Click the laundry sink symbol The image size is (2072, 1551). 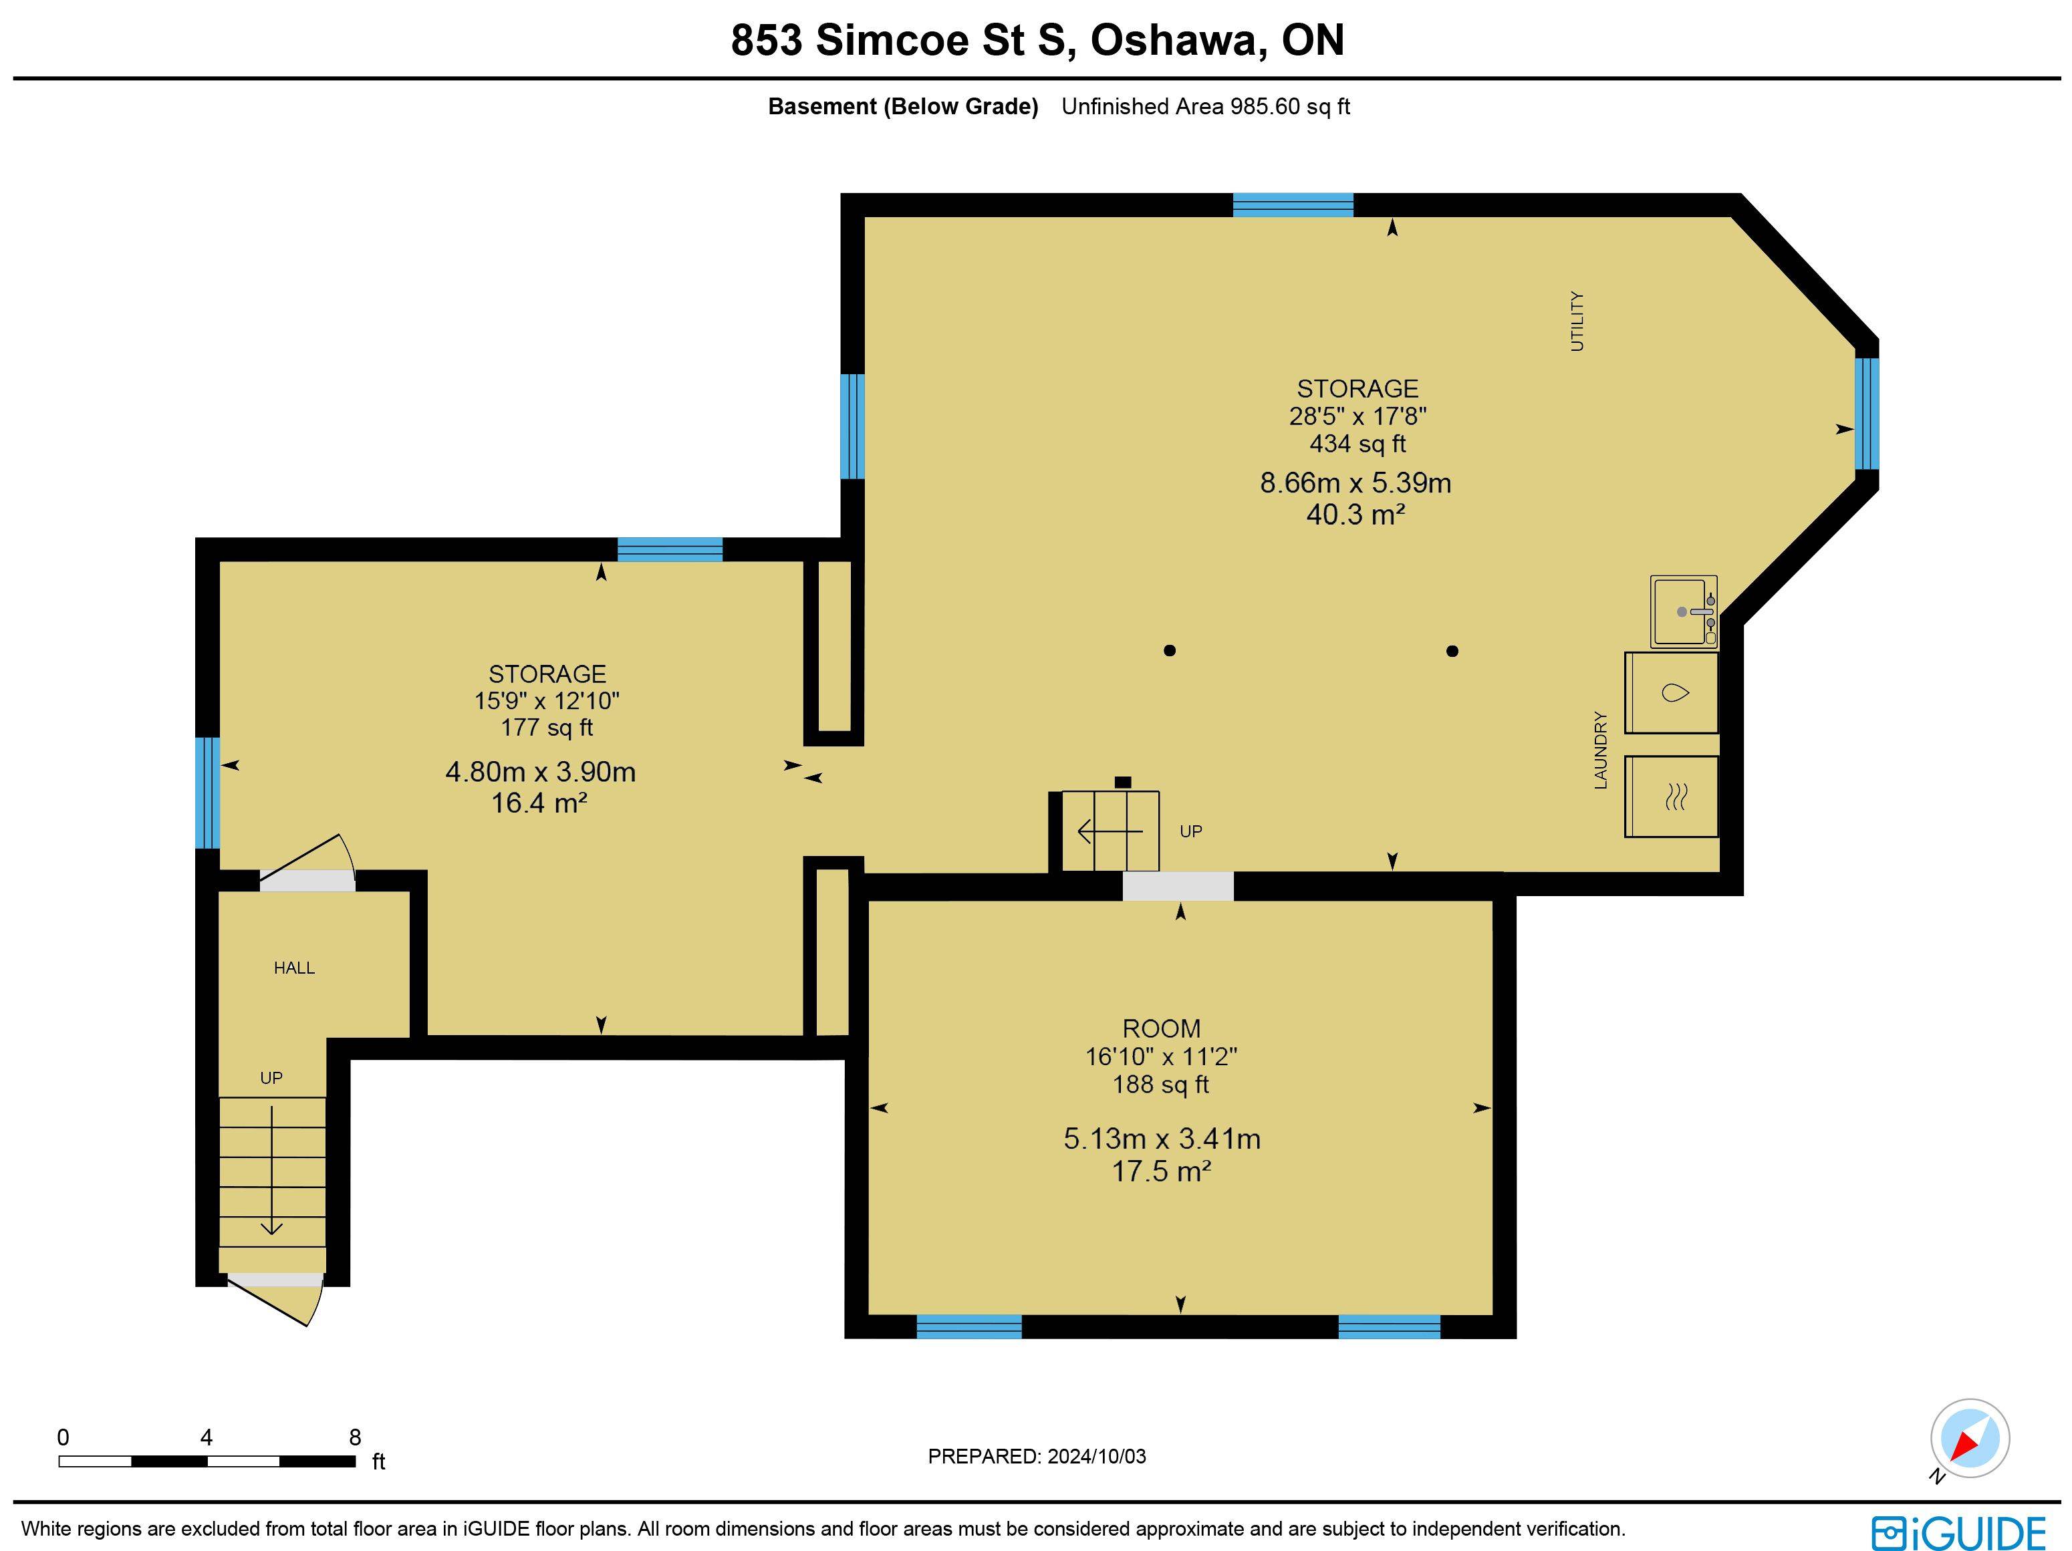coord(1682,611)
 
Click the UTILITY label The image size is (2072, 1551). coord(1577,321)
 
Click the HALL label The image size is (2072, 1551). coord(294,968)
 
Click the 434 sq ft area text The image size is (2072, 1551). coord(1357,444)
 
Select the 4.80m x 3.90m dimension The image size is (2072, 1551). coord(541,772)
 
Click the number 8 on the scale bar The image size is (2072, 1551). coord(355,1437)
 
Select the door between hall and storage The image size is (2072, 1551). coord(307,879)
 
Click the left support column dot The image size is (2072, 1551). coord(1169,651)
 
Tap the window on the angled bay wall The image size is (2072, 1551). coord(1866,413)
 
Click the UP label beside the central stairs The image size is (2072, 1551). coord(1190,832)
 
